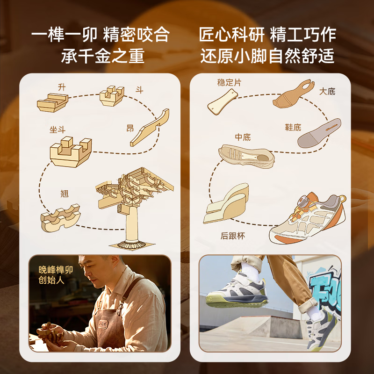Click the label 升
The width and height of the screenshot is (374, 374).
tap(62, 87)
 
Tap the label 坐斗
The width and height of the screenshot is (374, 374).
tap(58, 130)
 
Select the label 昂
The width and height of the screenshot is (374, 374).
tap(130, 128)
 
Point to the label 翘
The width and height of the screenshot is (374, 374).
tap(65, 194)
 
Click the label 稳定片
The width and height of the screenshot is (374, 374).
tap(229, 83)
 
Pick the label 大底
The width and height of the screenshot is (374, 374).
tap(327, 91)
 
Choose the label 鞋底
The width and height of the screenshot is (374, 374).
tap(293, 127)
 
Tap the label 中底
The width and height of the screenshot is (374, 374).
tap(243, 137)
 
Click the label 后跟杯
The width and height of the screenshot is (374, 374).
tap(232, 236)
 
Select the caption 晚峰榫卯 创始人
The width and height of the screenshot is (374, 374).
tap(55, 275)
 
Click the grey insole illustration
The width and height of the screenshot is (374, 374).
tap(319, 133)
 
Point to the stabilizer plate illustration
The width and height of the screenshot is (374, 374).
tap(223, 102)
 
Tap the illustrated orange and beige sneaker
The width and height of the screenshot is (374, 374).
tap(308, 218)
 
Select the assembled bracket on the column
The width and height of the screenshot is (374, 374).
tap(134, 188)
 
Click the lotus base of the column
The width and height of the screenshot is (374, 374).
tap(131, 244)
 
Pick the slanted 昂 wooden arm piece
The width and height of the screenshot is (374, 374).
tap(150, 128)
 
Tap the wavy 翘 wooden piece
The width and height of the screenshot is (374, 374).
tap(60, 218)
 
